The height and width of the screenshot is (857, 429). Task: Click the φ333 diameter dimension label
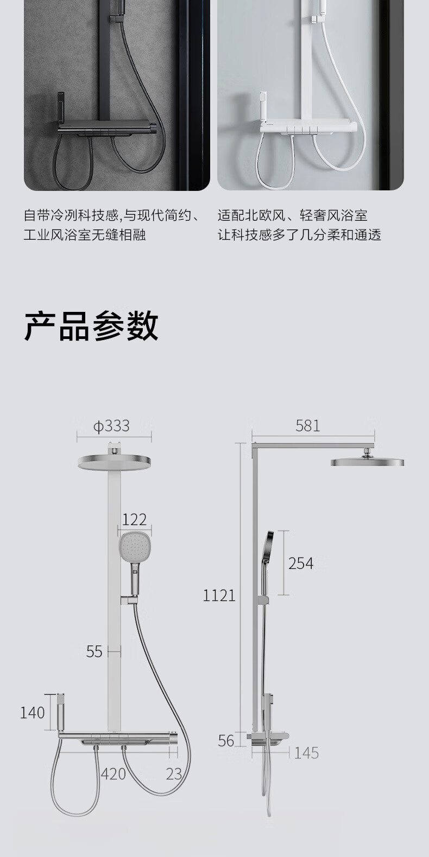coord(111,426)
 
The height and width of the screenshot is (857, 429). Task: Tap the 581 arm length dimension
coord(307,426)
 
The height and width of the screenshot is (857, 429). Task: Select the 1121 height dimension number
coord(219,595)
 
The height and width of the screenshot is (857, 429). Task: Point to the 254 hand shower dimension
coord(300,564)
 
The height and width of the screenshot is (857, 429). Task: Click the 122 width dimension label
coord(134,520)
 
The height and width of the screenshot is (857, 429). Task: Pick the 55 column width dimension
coord(94,651)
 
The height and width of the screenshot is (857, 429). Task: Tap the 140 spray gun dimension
coord(32,712)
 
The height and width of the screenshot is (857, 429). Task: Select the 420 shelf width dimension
coord(113,774)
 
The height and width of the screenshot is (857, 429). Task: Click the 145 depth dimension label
coord(306,753)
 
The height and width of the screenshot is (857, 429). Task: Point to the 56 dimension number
coord(226,740)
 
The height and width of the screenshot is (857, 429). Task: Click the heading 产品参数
coord(91,327)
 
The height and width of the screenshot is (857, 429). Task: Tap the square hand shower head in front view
coord(134,547)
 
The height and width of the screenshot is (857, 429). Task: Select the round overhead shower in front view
coord(114,462)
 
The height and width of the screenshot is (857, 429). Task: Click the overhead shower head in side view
coord(367,462)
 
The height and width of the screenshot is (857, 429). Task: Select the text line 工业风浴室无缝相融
coord(85,235)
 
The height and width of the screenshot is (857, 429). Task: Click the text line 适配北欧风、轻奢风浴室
coord(292,215)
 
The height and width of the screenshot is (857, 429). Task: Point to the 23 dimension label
coord(174,774)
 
